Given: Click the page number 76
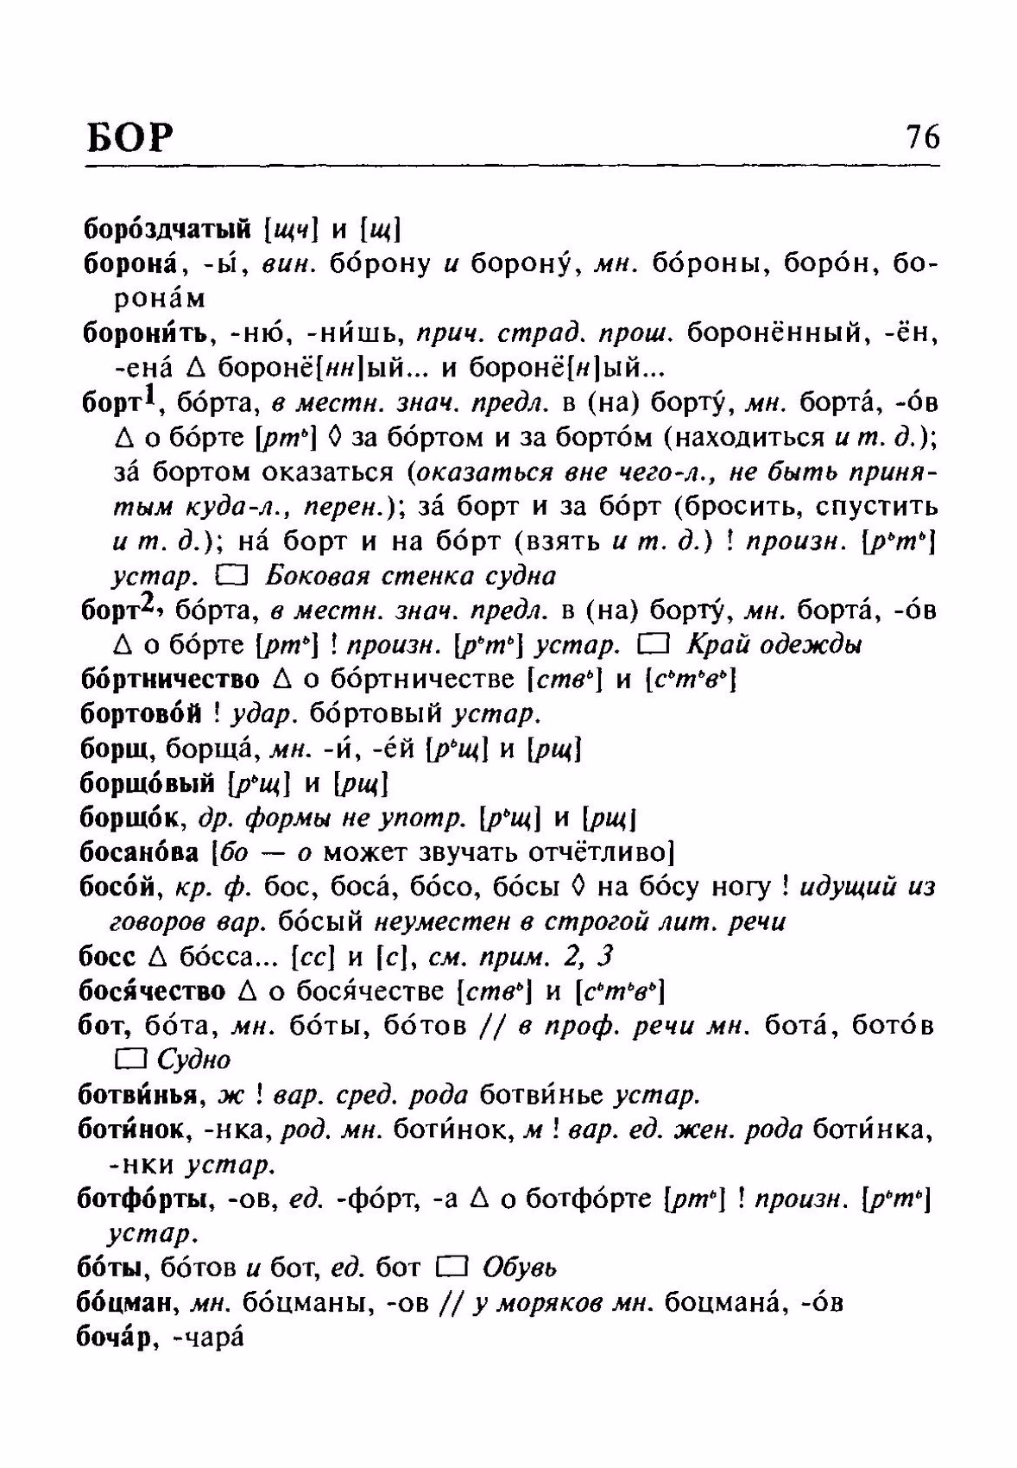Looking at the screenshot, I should (922, 137).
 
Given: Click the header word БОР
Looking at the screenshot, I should (130, 138).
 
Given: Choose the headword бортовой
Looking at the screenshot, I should (140, 714).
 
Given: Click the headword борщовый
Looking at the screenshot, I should (146, 783).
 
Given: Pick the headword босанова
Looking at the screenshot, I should (139, 852).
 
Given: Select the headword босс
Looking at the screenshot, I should (107, 956).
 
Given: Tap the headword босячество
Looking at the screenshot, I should (153, 990).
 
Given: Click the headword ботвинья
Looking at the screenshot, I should (139, 1095).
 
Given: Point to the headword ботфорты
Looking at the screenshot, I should (146, 1199).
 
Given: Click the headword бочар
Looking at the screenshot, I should (117, 1337).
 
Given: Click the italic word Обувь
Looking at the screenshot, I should (520, 1268).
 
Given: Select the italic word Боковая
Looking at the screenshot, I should (304, 576).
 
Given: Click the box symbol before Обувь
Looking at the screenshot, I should (452, 1267).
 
